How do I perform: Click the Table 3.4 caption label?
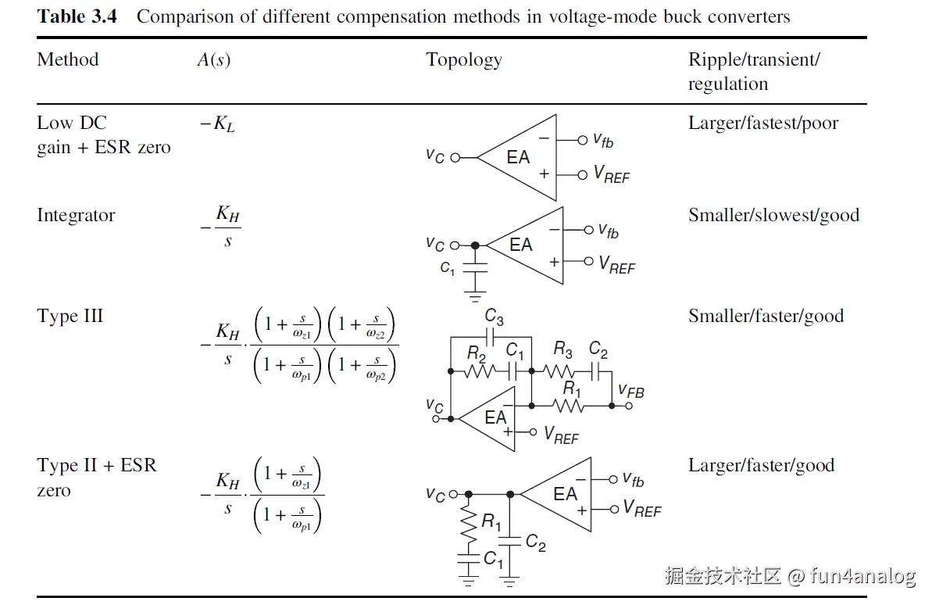click(77, 16)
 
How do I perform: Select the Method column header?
click(68, 60)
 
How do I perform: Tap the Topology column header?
click(464, 60)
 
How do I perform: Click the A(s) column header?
click(213, 60)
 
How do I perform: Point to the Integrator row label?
click(76, 216)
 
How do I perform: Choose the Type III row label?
click(70, 317)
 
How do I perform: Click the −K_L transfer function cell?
click(217, 124)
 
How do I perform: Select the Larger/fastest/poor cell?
click(763, 124)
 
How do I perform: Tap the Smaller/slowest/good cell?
click(773, 216)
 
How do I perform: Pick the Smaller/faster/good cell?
click(766, 317)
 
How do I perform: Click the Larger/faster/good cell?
click(761, 466)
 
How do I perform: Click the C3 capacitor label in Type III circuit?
click(494, 317)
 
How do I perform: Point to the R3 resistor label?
click(562, 349)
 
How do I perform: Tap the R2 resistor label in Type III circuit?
click(477, 353)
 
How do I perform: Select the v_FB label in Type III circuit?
click(631, 390)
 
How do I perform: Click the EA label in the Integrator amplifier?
click(520, 245)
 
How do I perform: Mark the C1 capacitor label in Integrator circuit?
click(447, 268)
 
